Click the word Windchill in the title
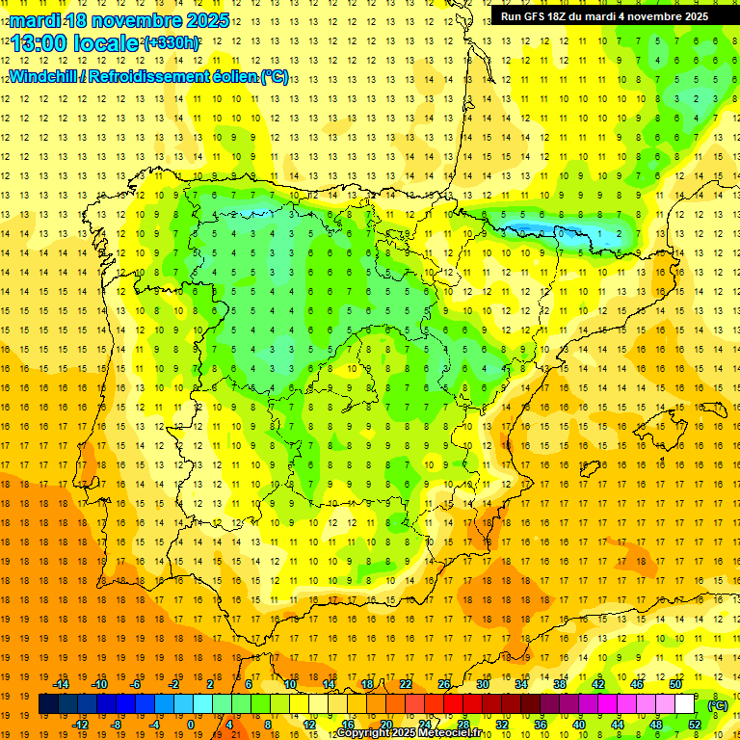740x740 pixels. click(44, 76)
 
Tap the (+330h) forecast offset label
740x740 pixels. click(172, 43)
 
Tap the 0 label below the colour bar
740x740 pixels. click(190, 725)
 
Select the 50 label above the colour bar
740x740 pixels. click(675, 683)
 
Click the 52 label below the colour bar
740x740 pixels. click(695, 725)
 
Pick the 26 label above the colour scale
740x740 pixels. click(444, 683)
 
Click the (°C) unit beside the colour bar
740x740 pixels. click(717, 704)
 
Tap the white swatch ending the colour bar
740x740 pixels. click(685, 704)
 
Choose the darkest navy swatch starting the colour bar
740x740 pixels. click(48, 704)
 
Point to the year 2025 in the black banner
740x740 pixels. click(691, 16)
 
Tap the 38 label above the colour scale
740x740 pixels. click(560, 683)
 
